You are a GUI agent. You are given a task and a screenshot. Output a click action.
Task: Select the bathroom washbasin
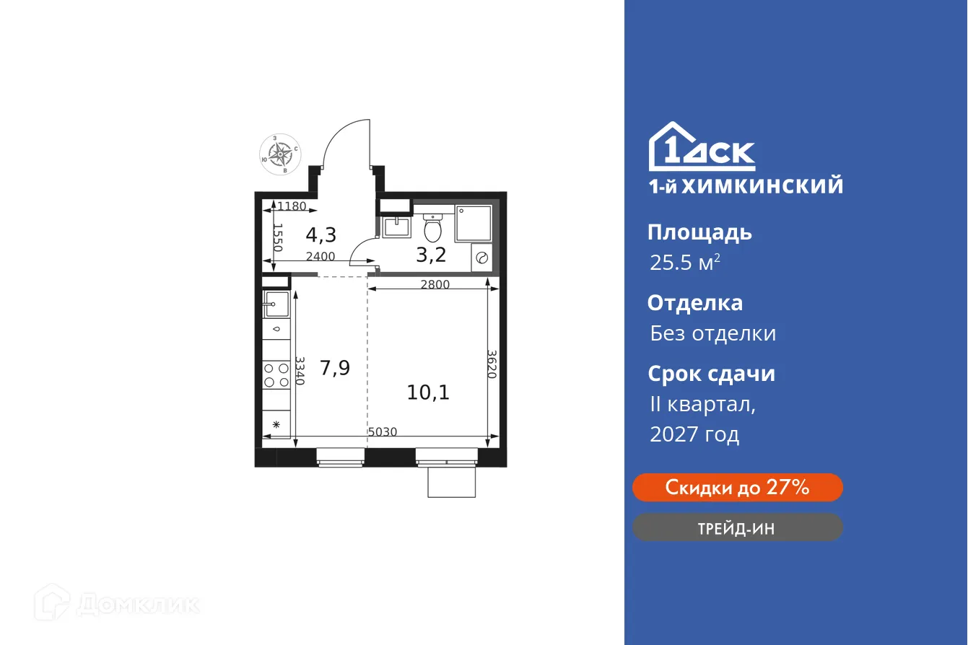coord(396,227)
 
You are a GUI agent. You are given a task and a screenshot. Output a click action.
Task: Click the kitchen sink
coord(276,304)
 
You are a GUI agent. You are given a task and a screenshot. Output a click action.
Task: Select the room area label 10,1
coord(428,392)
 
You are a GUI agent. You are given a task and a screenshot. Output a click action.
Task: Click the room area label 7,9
coord(335,369)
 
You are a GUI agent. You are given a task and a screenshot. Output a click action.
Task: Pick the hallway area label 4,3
coord(321,234)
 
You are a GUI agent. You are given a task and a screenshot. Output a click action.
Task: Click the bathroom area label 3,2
coord(430,254)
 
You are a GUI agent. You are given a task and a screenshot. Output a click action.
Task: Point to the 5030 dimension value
coord(383,431)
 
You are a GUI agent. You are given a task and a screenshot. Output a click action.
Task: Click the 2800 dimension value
coord(435,284)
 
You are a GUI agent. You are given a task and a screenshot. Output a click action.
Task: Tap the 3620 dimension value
coord(492,365)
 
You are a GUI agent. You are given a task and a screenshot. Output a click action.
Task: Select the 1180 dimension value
coord(293,206)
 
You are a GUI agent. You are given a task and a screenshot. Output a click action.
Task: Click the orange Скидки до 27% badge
coord(737,488)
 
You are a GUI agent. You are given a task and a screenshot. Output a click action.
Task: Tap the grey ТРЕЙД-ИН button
coord(737,527)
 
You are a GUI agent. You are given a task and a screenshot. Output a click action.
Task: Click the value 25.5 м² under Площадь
coord(684,263)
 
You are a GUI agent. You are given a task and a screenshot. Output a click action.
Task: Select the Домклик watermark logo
coord(117,603)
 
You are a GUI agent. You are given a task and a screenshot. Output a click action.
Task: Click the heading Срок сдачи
coord(710,374)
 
